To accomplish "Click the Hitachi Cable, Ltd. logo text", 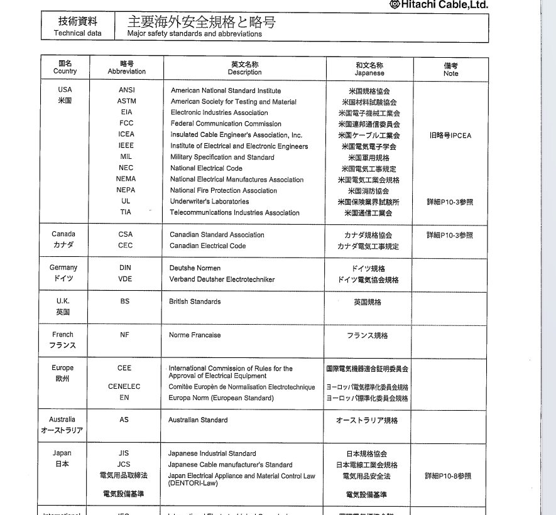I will point(443,5).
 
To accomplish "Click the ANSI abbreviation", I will point(126,90).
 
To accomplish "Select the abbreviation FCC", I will point(126,123).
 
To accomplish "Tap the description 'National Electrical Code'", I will point(206,168).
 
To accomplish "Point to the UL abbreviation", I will point(126,202).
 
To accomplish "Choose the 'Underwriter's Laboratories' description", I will point(209,202).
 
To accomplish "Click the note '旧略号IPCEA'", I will point(450,135).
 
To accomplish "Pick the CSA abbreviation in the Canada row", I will point(125,234).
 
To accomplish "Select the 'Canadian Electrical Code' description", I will point(207,246).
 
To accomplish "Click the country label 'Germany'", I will point(63,268).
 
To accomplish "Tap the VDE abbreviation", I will point(125,279).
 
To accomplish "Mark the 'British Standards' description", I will point(195,301).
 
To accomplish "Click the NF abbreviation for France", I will point(124,335).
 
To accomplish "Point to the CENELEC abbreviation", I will point(124,387).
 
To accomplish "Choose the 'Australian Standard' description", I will point(198,420).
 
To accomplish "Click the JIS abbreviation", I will point(124,453).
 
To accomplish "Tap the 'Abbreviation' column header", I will point(126,72).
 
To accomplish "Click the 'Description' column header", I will point(244,72).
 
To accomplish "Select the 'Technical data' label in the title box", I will point(77,33).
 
